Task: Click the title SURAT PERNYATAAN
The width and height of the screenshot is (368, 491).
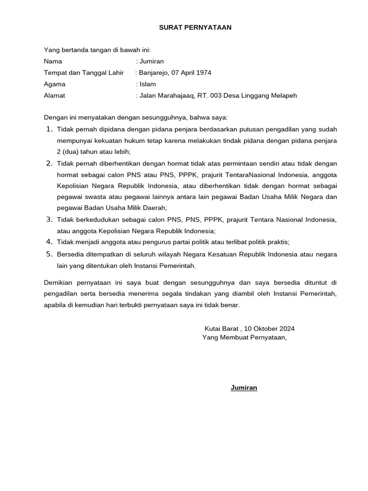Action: (x=195, y=28)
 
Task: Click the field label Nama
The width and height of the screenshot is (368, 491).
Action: (x=53, y=61)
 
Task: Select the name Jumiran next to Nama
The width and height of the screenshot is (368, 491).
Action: (x=151, y=61)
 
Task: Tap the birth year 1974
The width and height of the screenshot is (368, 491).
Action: (x=203, y=73)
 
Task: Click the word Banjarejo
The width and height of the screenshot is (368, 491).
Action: (x=154, y=73)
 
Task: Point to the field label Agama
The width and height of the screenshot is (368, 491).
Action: (x=55, y=84)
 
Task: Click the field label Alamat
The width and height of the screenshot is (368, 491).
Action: (x=54, y=95)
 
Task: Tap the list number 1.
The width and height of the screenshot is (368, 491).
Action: (x=49, y=129)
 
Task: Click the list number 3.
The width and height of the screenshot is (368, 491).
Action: (x=49, y=220)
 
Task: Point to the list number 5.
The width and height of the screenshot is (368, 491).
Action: (x=49, y=254)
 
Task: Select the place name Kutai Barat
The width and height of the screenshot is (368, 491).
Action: (x=221, y=328)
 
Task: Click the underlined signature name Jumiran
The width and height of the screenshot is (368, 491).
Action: (x=244, y=387)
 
